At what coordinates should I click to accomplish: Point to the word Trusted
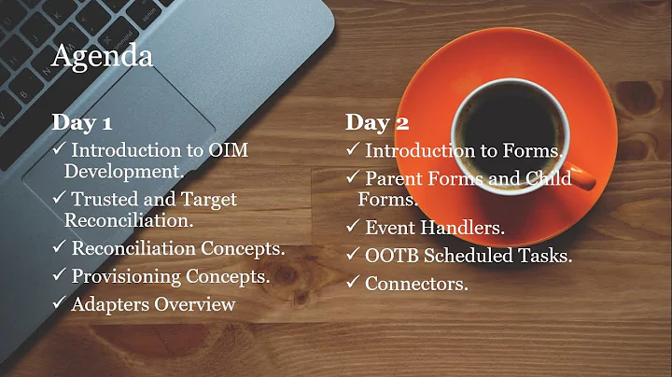click(x=106, y=199)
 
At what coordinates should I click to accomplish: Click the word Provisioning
click(x=131, y=277)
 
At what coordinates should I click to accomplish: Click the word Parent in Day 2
click(x=393, y=177)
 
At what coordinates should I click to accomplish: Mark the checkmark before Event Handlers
click(x=352, y=227)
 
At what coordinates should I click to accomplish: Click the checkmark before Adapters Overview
click(x=58, y=304)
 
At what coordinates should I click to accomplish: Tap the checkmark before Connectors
click(x=352, y=283)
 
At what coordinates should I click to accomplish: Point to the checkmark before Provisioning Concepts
click(x=58, y=277)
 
